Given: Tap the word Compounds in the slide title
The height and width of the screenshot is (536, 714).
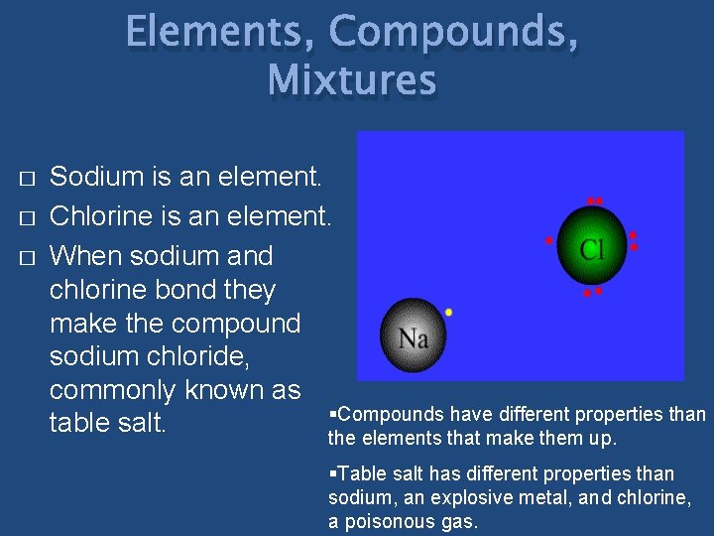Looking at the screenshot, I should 453,32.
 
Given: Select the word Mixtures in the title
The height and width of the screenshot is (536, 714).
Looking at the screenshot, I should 352,79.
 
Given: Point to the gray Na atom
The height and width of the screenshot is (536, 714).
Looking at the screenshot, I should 413,336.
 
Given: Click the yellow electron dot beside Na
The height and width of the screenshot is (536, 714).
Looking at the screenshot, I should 449,312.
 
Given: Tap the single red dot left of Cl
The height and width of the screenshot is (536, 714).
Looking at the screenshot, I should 548,240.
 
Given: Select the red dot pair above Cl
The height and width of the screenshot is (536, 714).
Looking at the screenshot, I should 594,201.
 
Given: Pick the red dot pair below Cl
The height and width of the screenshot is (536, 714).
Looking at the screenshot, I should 592,292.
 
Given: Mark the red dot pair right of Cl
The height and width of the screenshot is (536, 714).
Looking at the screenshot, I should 634,240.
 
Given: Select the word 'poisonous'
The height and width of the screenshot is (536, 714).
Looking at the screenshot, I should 389,521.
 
